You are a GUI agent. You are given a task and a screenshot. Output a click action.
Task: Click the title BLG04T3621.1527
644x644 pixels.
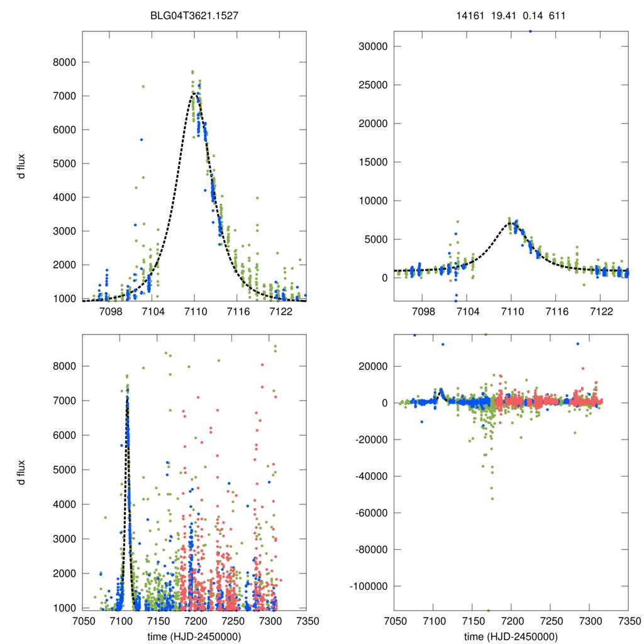[194, 14]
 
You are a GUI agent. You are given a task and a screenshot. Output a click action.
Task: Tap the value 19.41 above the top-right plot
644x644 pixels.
[502, 14]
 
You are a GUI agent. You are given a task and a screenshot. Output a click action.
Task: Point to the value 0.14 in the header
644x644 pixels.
[530, 14]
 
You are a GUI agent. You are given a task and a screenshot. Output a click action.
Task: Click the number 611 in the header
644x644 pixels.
[556, 14]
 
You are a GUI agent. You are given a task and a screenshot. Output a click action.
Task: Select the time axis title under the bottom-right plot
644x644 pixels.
[511, 636]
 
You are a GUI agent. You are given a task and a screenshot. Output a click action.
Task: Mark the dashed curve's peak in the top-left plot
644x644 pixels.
[194, 94]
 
